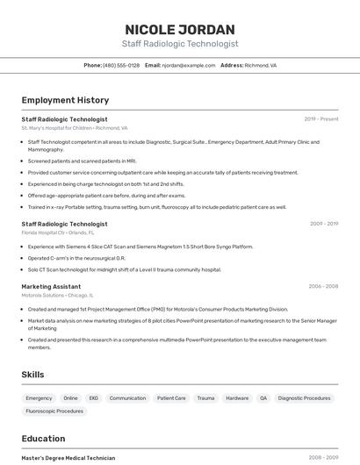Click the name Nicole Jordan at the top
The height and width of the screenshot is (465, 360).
click(x=180, y=29)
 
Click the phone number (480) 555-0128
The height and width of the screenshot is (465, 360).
click(x=121, y=65)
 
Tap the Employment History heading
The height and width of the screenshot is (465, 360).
click(x=65, y=100)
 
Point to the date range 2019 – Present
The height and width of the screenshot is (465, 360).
click(x=321, y=118)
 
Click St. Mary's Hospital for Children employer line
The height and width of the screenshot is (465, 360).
click(x=75, y=128)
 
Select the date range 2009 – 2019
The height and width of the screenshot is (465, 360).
click(x=324, y=224)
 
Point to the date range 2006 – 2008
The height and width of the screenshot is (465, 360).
click(x=323, y=286)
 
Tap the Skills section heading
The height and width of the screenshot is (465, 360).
click(x=33, y=375)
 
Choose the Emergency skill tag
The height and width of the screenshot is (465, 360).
click(x=39, y=398)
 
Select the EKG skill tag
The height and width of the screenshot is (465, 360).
click(x=93, y=398)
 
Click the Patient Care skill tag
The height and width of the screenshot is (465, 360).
click(x=171, y=398)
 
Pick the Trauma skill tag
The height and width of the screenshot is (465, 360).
click(x=205, y=398)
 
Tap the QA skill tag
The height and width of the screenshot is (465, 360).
click(x=263, y=398)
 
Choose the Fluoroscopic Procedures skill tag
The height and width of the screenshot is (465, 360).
click(x=54, y=411)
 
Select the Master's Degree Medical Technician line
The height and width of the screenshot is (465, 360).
click(x=68, y=457)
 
